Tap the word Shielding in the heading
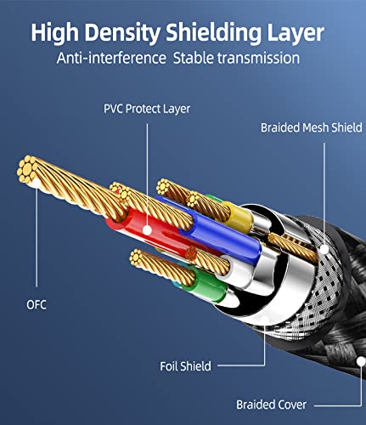pos(213,33)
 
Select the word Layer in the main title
pos(296,34)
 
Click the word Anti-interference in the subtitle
pos(111,58)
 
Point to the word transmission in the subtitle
pos(258,59)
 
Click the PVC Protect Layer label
pos(147,109)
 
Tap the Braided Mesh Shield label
pos(312,127)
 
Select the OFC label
pos(37,305)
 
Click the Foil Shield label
pos(185,366)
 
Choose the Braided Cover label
pos(271,405)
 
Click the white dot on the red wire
pos(147,229)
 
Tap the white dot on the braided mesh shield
pos(324,249)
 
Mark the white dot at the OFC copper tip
pos(37,184)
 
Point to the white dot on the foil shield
pos(265,320)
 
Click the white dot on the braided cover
pos(361,361)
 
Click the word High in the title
pos(54,33)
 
